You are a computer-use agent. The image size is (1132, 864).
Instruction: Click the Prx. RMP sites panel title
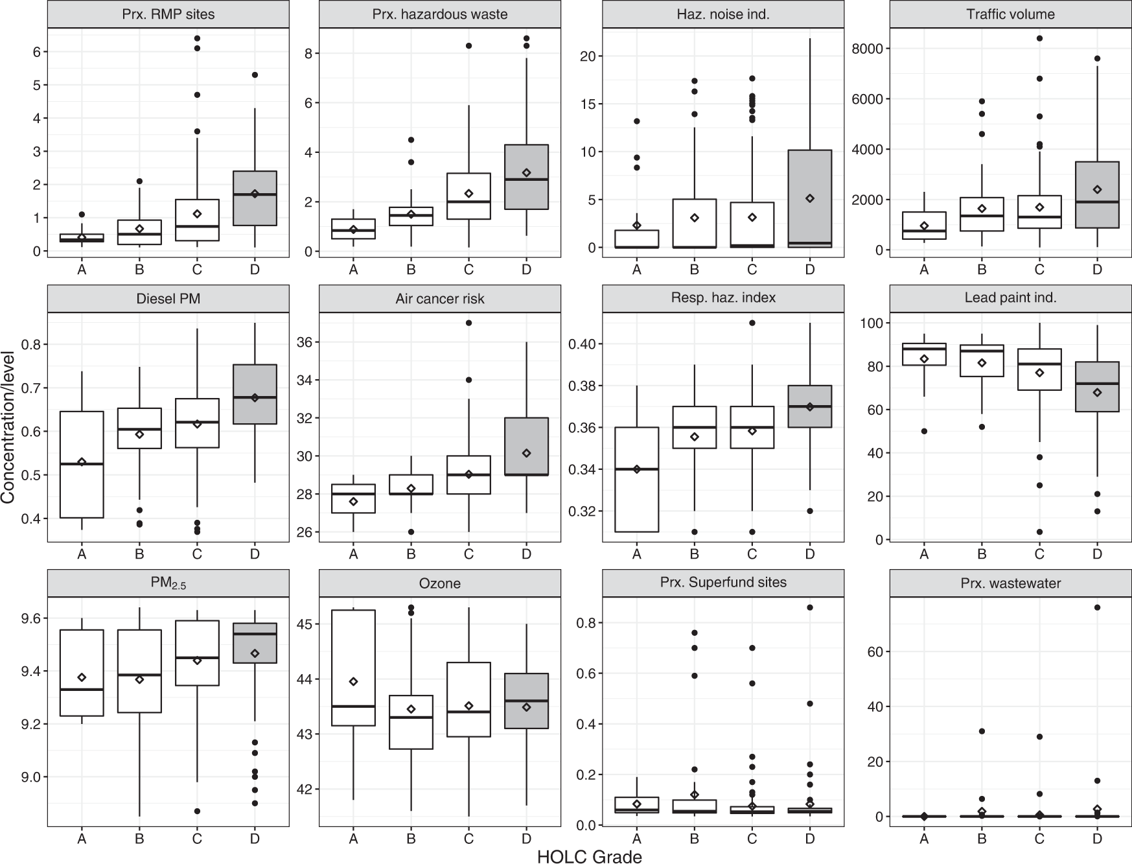168,14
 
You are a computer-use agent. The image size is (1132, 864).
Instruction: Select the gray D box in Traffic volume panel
1096,194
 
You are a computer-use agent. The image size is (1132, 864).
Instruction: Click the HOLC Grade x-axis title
589,856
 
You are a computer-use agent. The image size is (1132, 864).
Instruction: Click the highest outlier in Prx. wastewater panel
1096,607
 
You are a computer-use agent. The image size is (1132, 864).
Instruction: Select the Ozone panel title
440,583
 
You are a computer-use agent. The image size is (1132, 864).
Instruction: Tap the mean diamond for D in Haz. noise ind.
810,198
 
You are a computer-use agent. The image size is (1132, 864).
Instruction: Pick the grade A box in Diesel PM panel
82,464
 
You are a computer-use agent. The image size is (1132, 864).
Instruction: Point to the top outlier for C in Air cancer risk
468,323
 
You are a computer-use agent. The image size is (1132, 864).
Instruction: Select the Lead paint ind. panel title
1010,298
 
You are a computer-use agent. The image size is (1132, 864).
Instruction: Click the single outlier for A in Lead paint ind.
924,431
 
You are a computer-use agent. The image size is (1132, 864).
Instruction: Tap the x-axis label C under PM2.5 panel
197,839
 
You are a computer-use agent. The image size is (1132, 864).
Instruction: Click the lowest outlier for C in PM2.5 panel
197,811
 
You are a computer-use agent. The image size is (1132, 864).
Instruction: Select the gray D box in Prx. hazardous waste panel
526,176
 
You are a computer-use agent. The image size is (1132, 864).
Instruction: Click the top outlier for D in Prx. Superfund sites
810,607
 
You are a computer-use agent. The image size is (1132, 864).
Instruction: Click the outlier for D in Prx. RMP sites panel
255,75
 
